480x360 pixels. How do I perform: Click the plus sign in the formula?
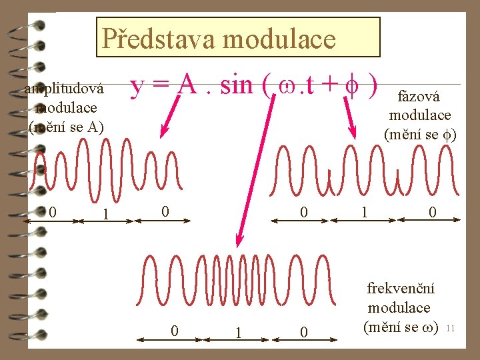click(327, 86)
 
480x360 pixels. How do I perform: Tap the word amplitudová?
click(64, 90)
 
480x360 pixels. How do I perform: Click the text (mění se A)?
click(66, 125)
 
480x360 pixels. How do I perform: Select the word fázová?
click(419, 97)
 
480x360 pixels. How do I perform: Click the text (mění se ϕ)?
click(420, 133)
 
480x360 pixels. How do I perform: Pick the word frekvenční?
click(401, 289)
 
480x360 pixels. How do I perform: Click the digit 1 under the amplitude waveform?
click(105, 215)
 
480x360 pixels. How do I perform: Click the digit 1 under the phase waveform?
click(363, 213)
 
